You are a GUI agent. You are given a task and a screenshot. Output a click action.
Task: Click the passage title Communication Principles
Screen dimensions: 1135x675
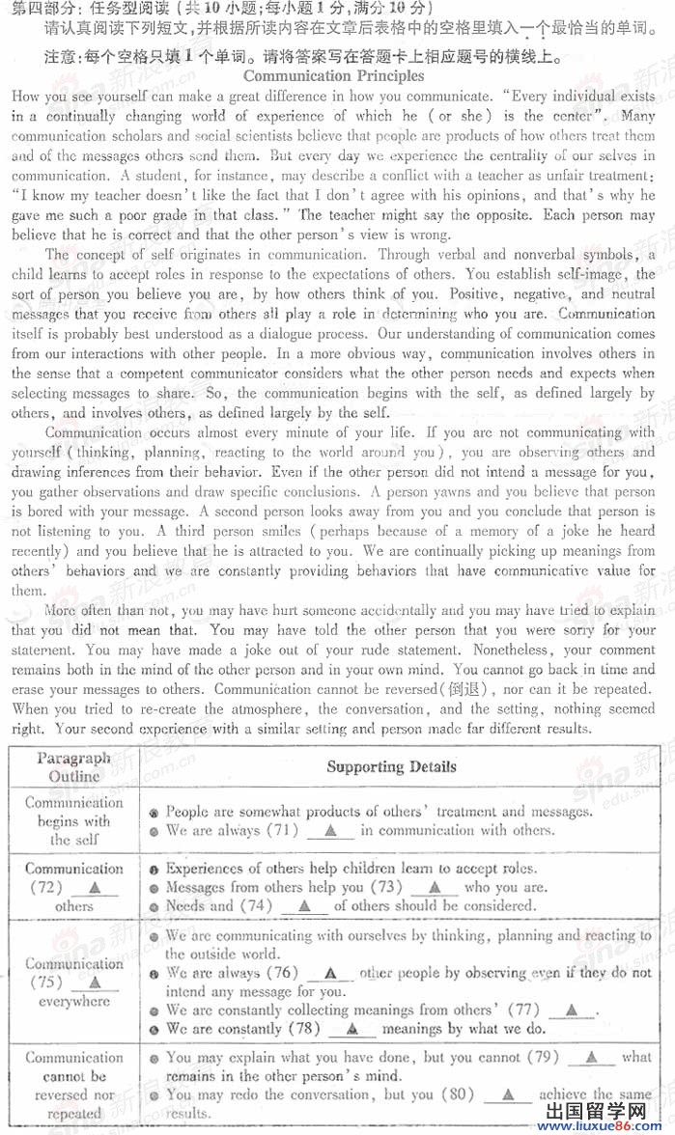333,75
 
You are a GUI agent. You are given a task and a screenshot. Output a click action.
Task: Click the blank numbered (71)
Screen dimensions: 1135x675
331,831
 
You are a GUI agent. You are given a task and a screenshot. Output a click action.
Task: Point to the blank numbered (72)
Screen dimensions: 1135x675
94,888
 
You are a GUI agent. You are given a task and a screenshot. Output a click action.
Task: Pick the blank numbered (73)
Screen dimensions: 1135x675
435,888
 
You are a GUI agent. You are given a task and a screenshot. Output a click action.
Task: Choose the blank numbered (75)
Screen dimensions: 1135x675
94,983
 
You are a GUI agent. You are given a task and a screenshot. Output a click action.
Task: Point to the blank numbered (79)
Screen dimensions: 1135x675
592,1058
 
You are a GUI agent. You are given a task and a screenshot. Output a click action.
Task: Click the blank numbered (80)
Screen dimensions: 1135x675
507,1095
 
